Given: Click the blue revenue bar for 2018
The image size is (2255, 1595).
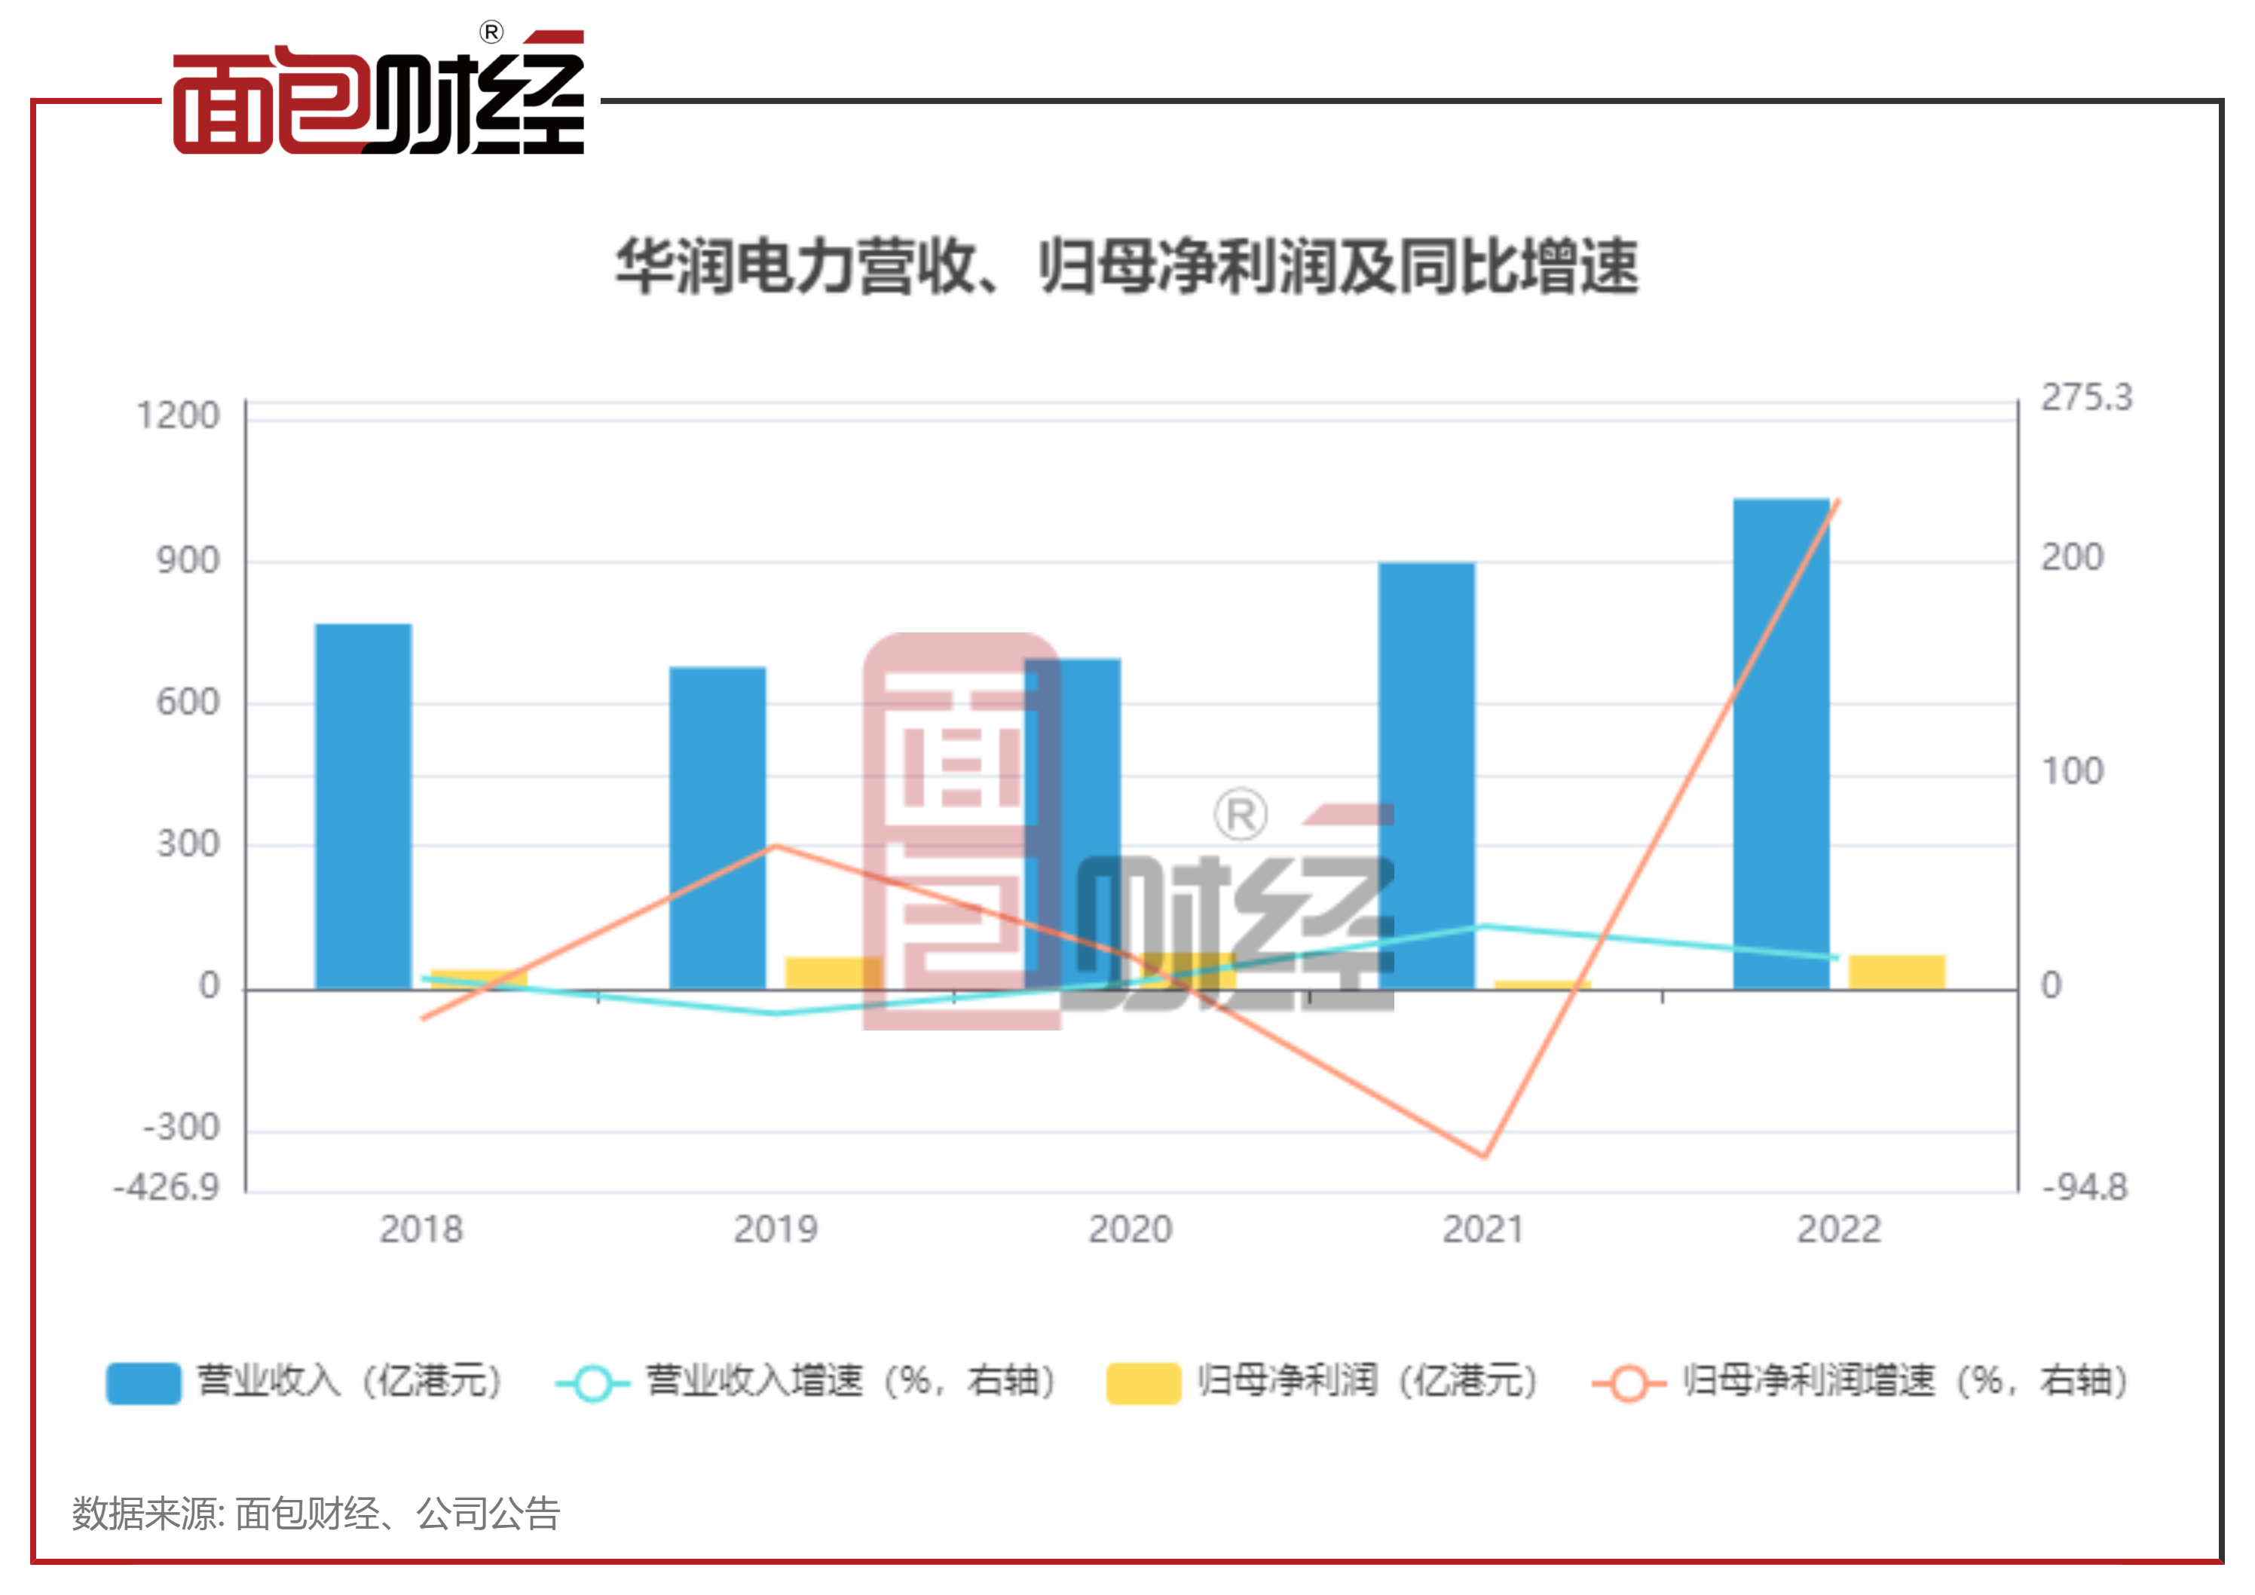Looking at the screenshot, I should pos(363,805).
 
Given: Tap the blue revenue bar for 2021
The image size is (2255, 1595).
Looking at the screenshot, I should pos(1426,775).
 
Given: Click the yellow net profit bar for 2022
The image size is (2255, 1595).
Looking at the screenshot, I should pos(1895,972).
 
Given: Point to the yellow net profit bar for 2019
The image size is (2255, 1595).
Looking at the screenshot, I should pos(832,972).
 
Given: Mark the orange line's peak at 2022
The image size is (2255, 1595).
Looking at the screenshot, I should pos(1837,501).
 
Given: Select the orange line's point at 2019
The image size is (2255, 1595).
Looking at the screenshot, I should pos(775,845).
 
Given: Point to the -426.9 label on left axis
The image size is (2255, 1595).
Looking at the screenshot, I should pos(167,1187).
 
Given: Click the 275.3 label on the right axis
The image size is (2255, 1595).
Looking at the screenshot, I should pos(2086,398).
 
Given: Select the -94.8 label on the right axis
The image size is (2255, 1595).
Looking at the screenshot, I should pos(2084,1187).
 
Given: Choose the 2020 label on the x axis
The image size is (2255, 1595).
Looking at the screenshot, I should pos(1130,1229).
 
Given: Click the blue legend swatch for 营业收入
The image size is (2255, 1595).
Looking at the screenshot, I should pos(143,1382).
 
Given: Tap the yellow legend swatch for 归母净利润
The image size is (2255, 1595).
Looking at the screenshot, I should pos(1143,1382).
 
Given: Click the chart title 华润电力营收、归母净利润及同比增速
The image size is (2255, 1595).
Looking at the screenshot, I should pos(1127,267).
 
